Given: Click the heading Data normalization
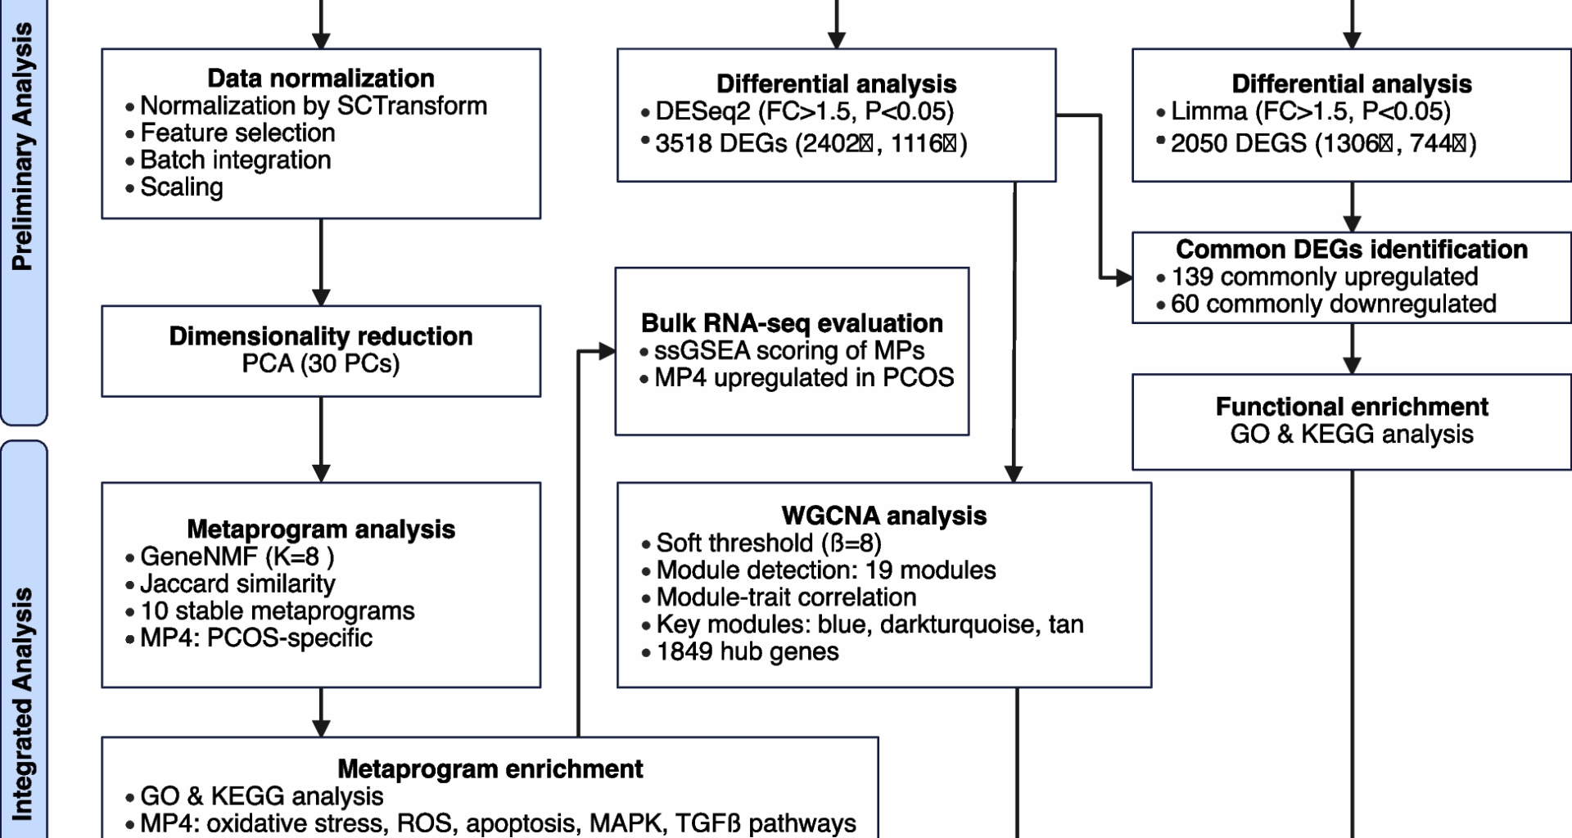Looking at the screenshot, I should coord(321,79).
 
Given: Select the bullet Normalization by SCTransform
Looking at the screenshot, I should coord(313,106).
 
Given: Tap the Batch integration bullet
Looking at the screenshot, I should coord(235,160).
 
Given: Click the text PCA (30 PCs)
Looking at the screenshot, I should coord(321,363).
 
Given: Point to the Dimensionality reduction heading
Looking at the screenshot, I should coord(321,336).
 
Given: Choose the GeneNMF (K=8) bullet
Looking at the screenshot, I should coord(237,556).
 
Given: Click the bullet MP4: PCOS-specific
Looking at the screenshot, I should coord(255,638).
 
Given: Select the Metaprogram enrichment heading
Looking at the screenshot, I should coord(490,769).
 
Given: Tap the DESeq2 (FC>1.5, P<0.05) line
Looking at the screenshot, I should coord(804,111).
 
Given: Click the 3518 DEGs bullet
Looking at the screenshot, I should coord(811,144).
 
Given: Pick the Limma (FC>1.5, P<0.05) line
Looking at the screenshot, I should coord(1310,111).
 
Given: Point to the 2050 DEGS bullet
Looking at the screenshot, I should coord(1323,144).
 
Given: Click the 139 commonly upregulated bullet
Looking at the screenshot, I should coord(1324,277).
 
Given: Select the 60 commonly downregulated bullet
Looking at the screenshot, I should coord(1333,304).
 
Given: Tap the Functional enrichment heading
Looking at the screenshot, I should coord(1352,407).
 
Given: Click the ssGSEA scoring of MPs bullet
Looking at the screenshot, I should coord(789,350).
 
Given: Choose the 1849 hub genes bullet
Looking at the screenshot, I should coord(748,651).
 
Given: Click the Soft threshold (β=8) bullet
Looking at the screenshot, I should coord(769,543).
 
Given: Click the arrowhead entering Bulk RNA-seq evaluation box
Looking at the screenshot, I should coord(607,352).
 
